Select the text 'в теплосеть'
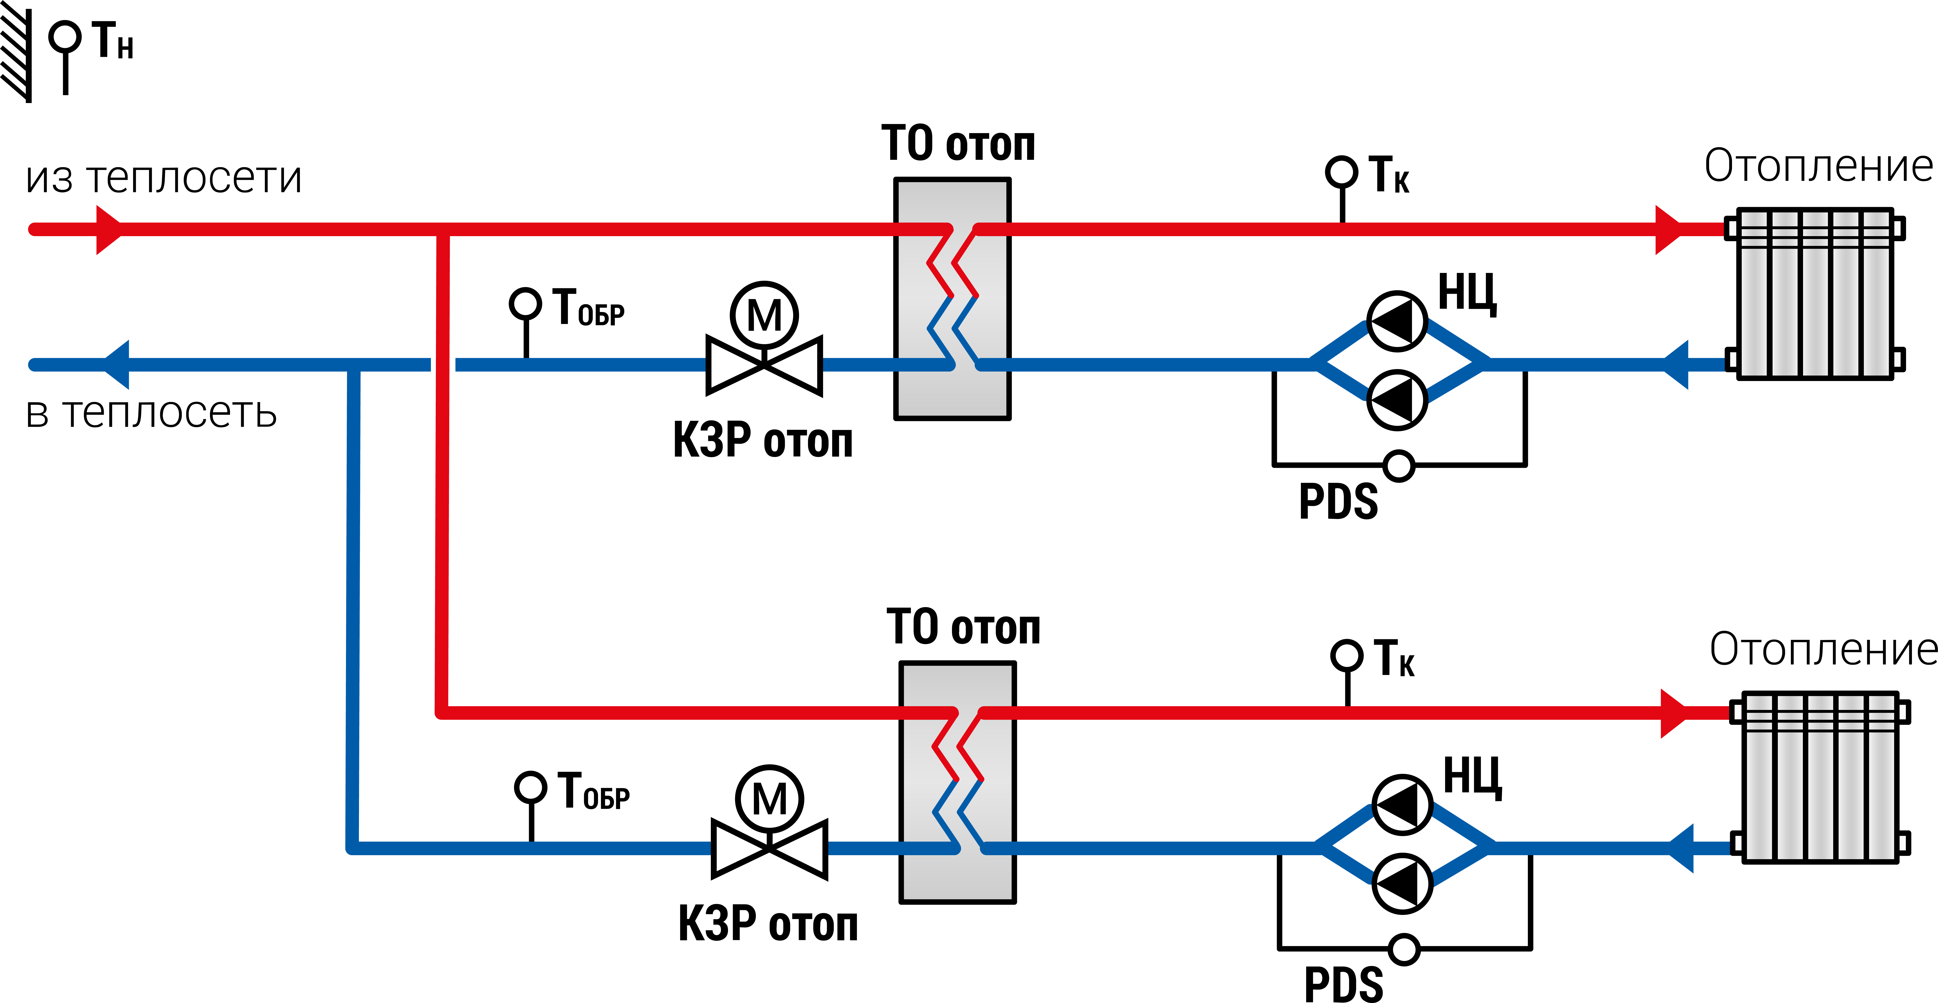coord(151,413)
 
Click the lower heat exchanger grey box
coord(958,783)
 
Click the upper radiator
coord(1815,294)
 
